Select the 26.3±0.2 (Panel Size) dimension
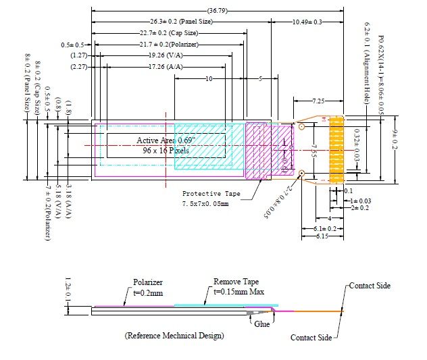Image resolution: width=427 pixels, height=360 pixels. (x=181, y=22)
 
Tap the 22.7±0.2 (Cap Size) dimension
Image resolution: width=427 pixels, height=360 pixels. (x=169, y=33)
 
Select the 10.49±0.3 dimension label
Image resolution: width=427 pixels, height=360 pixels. (x=307, y=22)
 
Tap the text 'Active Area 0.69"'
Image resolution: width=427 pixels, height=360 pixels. (x=166, y=140)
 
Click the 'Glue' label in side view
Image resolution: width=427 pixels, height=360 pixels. (x=262, y=324)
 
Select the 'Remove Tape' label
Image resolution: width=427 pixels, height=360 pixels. (x=236, y=282)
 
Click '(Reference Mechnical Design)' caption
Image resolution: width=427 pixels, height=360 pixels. (x=174, y=336)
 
